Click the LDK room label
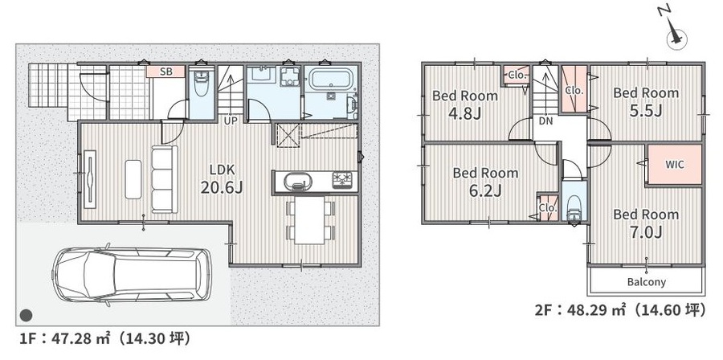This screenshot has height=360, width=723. click(223, 170)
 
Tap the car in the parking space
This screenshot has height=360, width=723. click(133, 276)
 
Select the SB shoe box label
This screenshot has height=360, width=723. click(166, 72)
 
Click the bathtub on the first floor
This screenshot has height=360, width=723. click(331, 80)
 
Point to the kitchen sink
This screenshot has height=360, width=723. click(295, 180)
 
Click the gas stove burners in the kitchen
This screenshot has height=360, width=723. click(342, 179)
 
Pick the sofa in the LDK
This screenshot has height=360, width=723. click(165, 179)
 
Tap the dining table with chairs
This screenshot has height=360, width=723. click(310, 220)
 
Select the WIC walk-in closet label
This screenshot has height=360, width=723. click(675, 165)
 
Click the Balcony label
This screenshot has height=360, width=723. click(647, 281)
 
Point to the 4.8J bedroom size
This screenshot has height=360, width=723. click(465, 113)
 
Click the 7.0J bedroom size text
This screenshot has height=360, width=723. click(647, 232)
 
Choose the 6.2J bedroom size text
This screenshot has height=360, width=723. click(485, 190)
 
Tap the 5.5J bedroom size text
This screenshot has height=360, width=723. click(646, 110)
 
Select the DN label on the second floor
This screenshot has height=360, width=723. click(545, 121)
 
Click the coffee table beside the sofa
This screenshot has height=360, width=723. click(133, 179)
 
